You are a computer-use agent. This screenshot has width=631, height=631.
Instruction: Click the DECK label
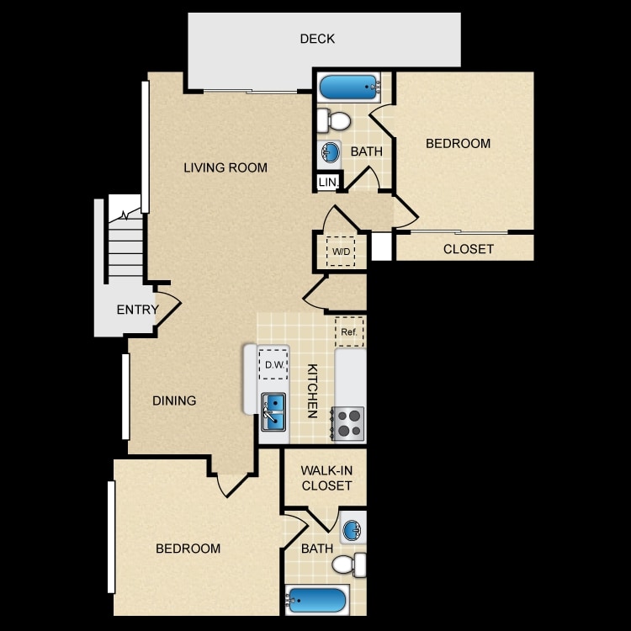tap(317, 39)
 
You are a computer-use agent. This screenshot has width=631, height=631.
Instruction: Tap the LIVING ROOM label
tap(225, 167)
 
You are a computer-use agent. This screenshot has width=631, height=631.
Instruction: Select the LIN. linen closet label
tap(329, 183)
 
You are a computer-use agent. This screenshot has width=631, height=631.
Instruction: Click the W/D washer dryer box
tap(341, 252)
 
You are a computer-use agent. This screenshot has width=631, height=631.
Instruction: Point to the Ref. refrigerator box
tap(349, 332)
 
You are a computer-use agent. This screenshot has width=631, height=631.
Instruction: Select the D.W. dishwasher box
tap(273, 364)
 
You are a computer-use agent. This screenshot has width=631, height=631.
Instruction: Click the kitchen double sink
tap(273, 412)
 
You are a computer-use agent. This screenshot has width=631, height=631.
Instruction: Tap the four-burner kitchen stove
tap(348, 424)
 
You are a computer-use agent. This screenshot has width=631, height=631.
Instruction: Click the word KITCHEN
tap(312, 391)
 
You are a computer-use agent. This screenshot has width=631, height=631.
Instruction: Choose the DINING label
tap(174, 400)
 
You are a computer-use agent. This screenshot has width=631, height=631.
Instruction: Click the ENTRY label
tap(138, 310)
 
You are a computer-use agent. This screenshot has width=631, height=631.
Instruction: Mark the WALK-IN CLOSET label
tap(326, 478)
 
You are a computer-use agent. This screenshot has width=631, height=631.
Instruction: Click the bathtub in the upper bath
tap(350, 87)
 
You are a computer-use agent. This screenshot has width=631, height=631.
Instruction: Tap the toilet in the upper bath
tap(334, 120)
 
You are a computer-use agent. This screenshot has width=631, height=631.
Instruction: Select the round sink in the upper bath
tap(330, 153)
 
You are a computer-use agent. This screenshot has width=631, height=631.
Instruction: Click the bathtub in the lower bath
tap(316, 601)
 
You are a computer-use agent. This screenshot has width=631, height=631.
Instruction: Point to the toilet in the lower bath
tap(349, 565)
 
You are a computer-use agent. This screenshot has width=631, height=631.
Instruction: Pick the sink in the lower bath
tap(353, 528)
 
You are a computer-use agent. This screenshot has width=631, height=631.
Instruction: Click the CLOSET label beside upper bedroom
tap(469, 249)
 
